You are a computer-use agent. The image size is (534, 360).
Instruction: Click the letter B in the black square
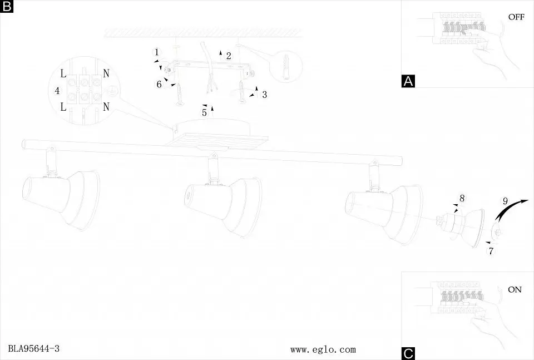click(7, 6)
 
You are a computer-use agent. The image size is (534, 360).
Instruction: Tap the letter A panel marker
click(408, 81)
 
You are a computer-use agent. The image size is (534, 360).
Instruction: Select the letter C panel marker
click(408, 353)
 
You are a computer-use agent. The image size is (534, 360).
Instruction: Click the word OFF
click(516, 17)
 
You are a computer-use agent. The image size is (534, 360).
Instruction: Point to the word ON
click(515, 289)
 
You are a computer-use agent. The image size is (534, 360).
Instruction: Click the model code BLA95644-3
click(34, 348)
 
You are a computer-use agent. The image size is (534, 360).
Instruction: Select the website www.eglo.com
click(323, 349)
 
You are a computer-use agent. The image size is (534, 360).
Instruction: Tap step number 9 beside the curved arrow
click(505, 201)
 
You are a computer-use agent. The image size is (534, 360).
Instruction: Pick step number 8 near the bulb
click(462, 198)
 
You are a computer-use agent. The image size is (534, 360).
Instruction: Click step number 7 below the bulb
click(491, 251)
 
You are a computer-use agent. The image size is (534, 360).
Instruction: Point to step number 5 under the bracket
click(204, 112)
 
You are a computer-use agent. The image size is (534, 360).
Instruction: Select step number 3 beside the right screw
click(265, 95)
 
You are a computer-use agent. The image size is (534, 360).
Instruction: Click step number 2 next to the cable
click(229, 56)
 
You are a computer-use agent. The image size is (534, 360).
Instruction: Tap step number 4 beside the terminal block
click(57, 91)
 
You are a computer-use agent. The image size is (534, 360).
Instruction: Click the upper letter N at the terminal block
click(106, 73)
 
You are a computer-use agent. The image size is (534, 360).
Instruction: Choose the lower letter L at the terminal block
click(63, 107)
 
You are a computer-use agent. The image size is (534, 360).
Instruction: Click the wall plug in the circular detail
click(286, 66)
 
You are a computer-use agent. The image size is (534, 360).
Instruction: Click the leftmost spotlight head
click(61, 199)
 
